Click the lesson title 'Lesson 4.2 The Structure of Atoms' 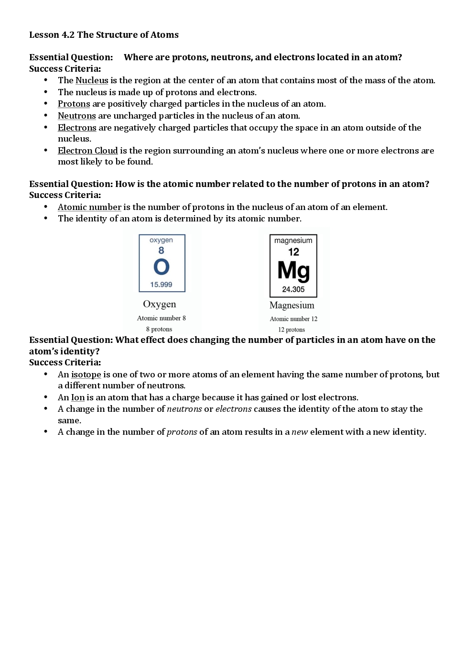tap(104, 35)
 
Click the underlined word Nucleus tap(92, 80)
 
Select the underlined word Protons tap(74, 104)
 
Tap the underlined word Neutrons tap(76, 116)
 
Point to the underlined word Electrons tap(77, 128)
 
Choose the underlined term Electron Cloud tap(87, 151)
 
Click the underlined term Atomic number tap(89, 207)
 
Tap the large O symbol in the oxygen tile tap(162, 267)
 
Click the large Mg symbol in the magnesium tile tap(293, 270)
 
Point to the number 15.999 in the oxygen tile tap(161, 285)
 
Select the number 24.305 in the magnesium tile tap(293, 289)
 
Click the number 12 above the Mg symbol tap(293, 252)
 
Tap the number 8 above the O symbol tap(161, 251)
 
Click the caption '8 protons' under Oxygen tap(159, 329)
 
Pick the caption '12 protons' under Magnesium tap(291, 330)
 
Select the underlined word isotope tap(86, 374)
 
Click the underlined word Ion tap(78, 397)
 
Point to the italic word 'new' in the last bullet tap(300, 432)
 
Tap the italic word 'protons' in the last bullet tap(182, 432)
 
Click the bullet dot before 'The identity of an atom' tap(46, 218)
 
